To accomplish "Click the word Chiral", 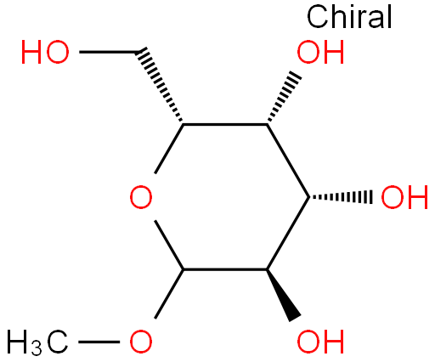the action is [x=349, y=16].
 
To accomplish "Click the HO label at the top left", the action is [x=45, y=52].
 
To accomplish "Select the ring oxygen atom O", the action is [x=141, y=197].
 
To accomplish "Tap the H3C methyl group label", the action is [x=37, y=342].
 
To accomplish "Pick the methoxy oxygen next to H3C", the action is [x=141, y=342].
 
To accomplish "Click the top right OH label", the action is [x=320, y=52].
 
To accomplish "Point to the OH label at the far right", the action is [x=404, y=197].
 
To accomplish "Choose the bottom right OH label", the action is [x=320, y=342].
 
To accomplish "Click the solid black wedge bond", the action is [x=283, y=295].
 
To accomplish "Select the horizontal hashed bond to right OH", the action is [x=341, y=196].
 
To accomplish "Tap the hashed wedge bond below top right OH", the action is [x=284, y=97].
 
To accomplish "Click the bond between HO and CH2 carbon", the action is [x=108, y=52].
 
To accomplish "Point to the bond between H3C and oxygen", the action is [x=99, y=342].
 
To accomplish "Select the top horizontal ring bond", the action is [x=225, y=124].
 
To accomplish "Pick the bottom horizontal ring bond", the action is [x=225, y=269].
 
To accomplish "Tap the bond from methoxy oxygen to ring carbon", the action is [x=169, y=294].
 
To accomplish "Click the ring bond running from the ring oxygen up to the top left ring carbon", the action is [x=169, y=149].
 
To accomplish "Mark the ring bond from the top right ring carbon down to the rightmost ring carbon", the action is [x=288, y=161].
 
